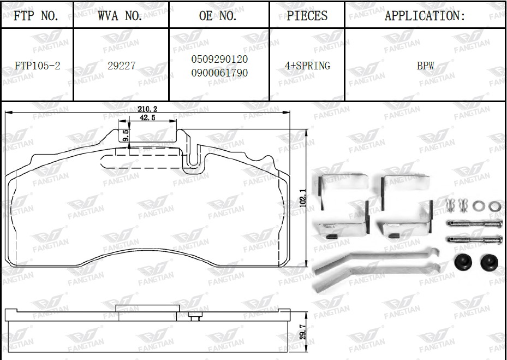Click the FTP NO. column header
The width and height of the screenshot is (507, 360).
36,15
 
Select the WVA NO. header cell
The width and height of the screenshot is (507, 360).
120,15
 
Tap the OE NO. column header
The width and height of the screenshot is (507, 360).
218,15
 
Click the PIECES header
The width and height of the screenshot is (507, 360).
307,15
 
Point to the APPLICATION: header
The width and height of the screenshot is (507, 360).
425,15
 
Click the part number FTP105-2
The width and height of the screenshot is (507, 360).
38,66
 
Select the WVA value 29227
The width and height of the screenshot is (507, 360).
122,66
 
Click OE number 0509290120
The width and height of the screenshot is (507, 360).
219,59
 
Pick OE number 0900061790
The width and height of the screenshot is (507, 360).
219,73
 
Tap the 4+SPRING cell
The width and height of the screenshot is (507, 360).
307,66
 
